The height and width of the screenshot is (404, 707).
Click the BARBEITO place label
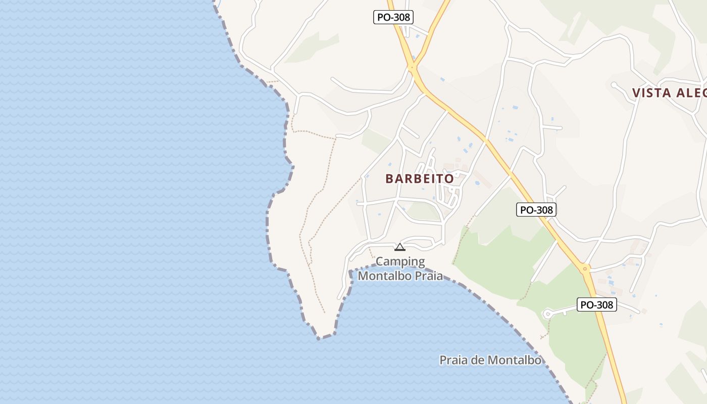pos(419,178)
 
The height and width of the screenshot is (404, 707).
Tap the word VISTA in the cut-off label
pos(651,93)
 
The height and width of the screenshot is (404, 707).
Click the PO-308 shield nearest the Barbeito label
pos(536,210)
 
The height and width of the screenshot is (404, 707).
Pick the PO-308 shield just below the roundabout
pos(596,305)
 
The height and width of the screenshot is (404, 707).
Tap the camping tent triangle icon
pos(400,247)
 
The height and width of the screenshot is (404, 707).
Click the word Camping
pos(400,262)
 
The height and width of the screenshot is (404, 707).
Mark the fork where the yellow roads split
pos(414,67)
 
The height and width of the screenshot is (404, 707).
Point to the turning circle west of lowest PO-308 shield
pos(547,314)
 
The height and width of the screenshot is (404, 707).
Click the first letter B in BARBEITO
pos(389,178)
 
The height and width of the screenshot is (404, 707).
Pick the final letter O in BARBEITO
pos(449,178)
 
